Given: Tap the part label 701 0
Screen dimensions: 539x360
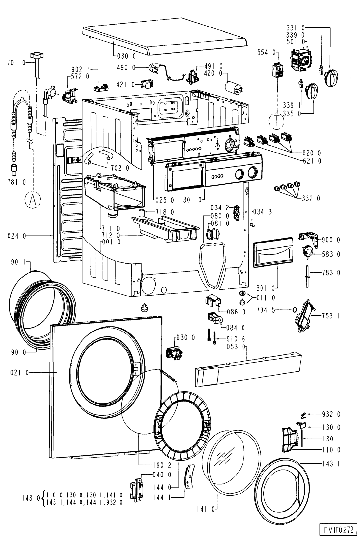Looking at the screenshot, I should pos(15,62).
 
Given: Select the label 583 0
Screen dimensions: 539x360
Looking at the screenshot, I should pos(331,254).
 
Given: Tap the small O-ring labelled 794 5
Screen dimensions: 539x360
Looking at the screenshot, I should pos(294,309).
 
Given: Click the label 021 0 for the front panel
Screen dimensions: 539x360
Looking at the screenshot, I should pos(18,372).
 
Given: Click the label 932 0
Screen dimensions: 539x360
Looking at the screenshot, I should pos(331,414).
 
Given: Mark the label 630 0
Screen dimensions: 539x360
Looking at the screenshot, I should pos(185,337).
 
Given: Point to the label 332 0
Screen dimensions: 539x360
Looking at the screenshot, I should pos(311,198).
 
